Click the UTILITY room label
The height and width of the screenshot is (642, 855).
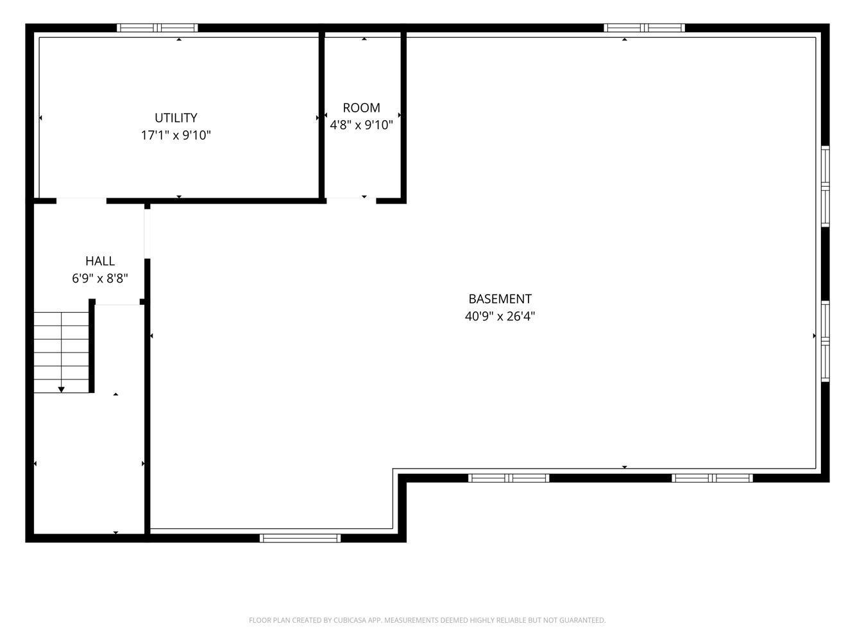point(176,117)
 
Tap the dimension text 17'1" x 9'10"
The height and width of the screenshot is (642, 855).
point(176,135)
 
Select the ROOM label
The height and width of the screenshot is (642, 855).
point(361,107)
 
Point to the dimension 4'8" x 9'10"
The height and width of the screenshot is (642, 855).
point(361,125)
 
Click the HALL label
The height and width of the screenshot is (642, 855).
point(99,261)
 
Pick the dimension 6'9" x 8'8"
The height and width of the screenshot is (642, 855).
point(99,279)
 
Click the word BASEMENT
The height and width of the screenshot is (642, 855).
point(500,299)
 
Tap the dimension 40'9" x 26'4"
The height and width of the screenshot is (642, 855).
point(500,316)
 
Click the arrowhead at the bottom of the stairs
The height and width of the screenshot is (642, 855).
point(61,390)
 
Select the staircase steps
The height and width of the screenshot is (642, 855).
point(61,352)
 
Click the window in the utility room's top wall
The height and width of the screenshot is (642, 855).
point(157,28)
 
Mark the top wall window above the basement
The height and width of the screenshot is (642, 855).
point(644,28)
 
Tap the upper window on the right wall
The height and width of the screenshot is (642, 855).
point(825,186)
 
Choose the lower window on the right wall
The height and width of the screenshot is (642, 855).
point(825,341)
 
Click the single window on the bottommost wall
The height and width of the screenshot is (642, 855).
point(300,538)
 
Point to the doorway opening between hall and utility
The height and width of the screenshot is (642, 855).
point(81,201)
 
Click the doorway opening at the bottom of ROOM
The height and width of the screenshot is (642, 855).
point(351,201)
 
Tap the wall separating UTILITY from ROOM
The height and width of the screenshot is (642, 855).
point(322,115)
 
